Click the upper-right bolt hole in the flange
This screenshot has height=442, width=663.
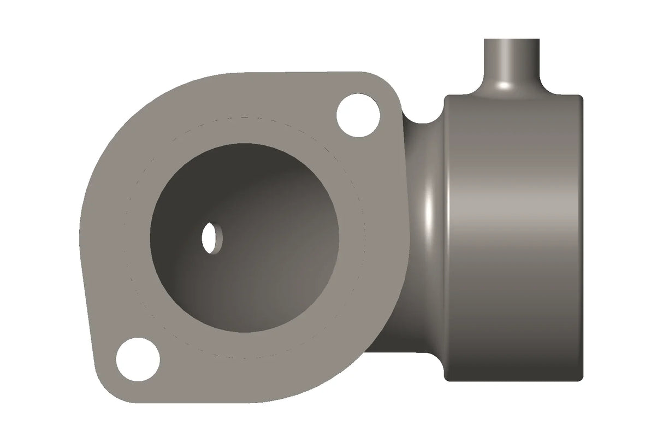[358, 116]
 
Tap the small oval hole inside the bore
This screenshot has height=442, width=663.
[210, 238]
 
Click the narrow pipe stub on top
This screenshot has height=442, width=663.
[512, 63]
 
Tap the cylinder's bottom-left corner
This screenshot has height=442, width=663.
[448, 377]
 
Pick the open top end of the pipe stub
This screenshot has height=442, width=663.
[512, 40]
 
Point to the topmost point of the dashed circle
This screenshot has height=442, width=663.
[243, 116]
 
